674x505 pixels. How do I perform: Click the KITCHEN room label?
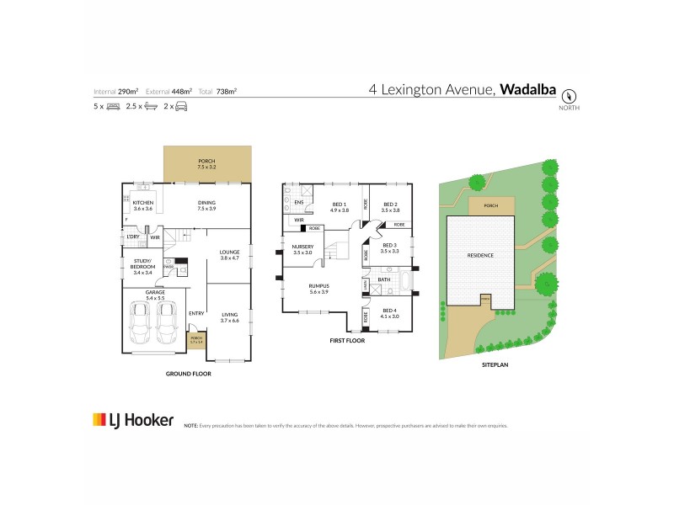(x=142, y=205)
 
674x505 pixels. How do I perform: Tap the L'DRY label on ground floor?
(x=133, y=237)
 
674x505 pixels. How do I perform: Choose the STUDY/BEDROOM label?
(x=142, y=263)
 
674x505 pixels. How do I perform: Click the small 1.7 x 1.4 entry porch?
(x=196, y=342)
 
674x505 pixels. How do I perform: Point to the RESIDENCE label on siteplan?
(x=480, y=255)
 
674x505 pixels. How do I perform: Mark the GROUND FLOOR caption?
(x=187, y=373)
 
